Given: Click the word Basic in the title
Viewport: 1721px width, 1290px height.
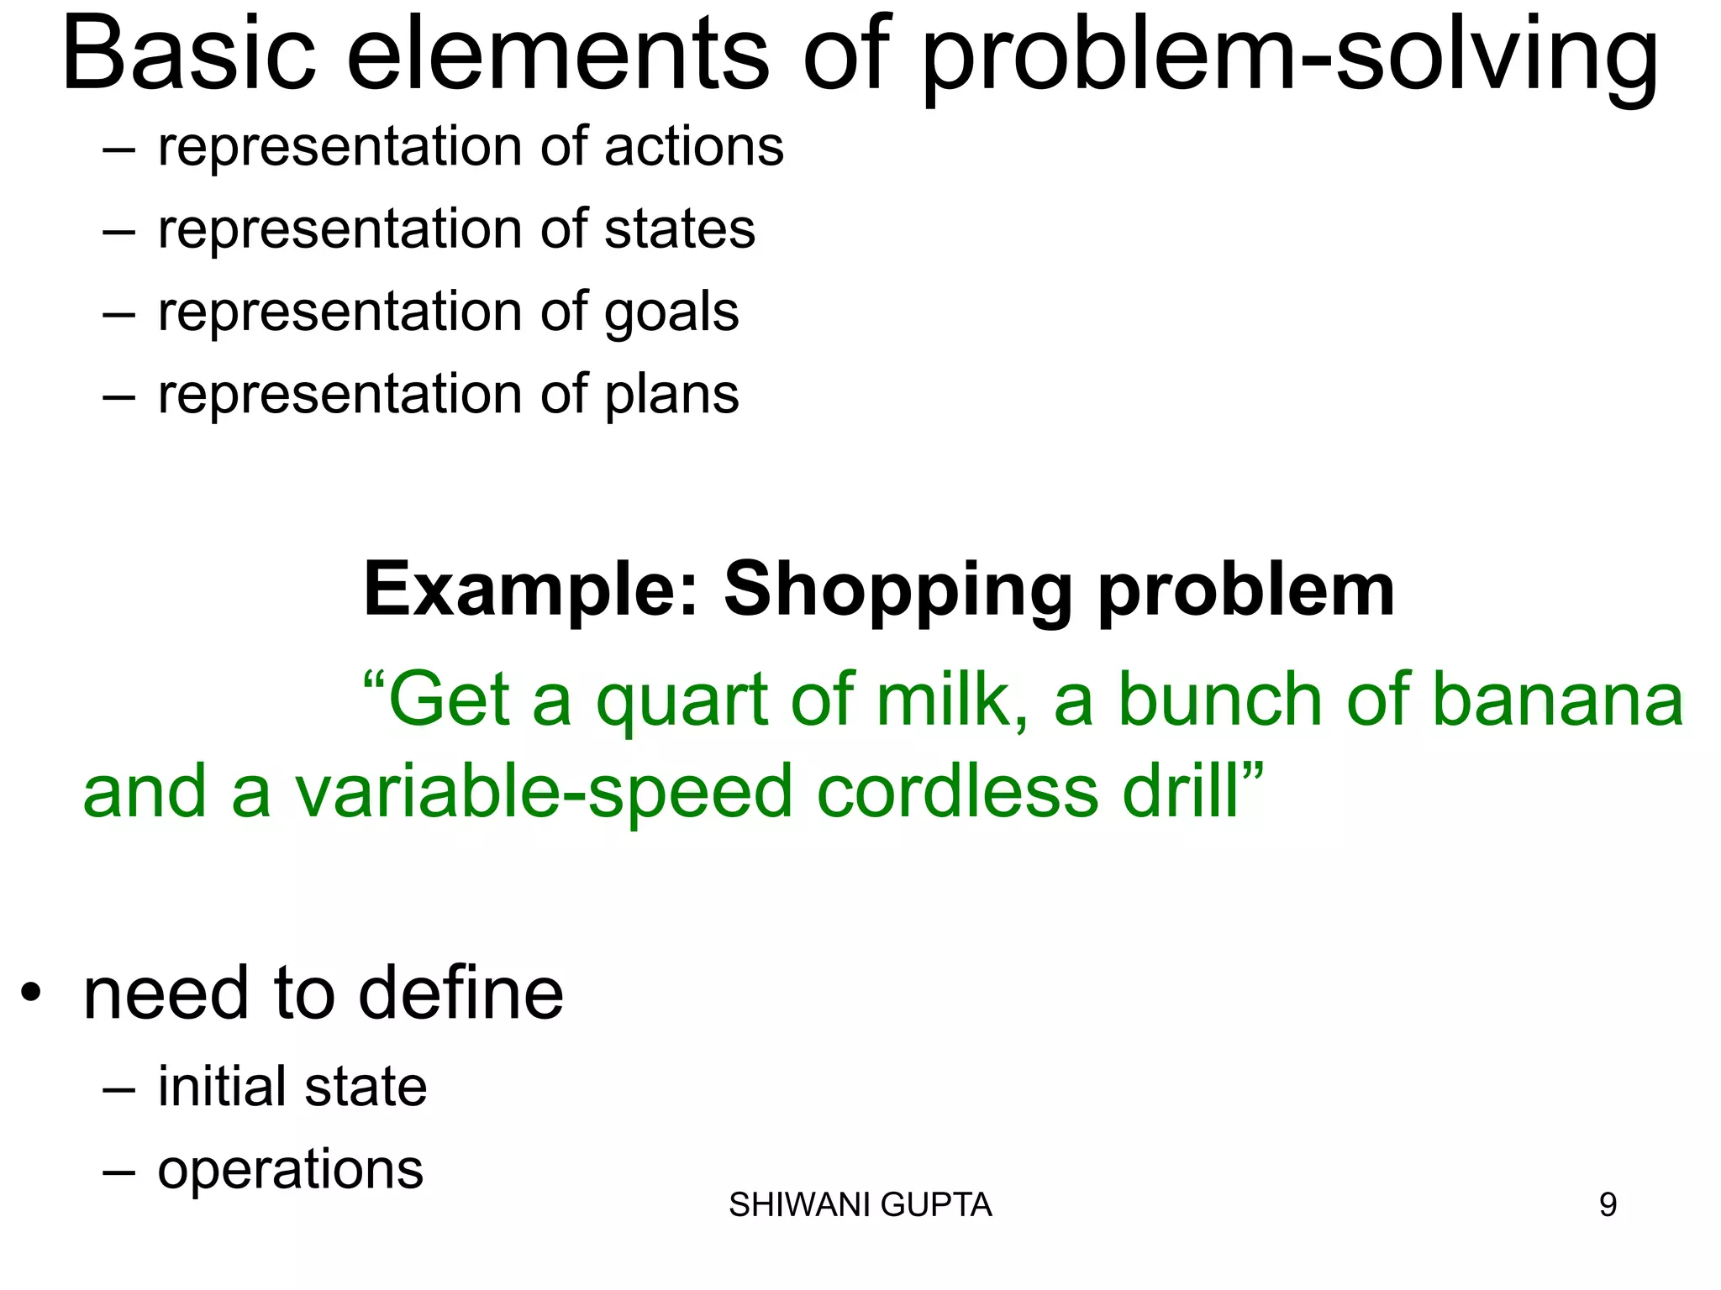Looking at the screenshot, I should [189, 55].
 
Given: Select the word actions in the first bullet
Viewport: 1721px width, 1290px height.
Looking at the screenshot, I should [693, 147].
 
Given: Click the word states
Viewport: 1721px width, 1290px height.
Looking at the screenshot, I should [679, 229].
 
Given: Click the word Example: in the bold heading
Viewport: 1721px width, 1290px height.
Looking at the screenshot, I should [531, 590].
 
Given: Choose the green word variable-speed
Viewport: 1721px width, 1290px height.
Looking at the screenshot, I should [544, 792].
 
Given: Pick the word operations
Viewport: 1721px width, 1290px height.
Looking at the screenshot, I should [291, 1170].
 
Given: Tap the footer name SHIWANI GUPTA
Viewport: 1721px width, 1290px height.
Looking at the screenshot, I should [860, 1205].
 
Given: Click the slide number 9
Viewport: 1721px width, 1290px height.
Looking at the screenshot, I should [1607, 1205].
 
